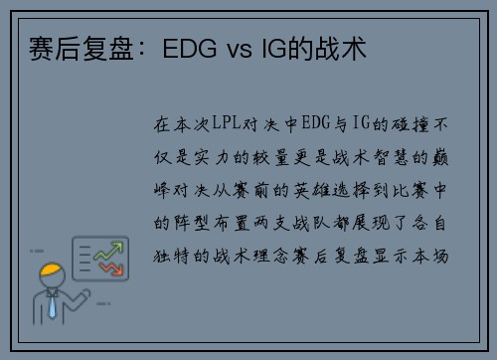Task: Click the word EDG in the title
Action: click(190, 49)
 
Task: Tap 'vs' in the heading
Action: click(240, 50)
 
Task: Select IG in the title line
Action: click(273, 49)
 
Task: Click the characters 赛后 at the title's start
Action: click(55, 49)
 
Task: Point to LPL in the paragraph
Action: click(227, 122)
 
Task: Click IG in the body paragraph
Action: click(361, 122)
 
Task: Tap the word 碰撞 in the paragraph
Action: click(410, 124)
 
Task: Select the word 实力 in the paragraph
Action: click(212, 157)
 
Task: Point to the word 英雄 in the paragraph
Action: click(312, 190)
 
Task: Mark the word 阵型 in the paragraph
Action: click(192, 223)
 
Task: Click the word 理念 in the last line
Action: click(271, 256)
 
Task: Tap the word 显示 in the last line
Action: click(391, 256)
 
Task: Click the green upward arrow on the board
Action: click(108, 251)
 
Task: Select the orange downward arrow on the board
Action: click(111, 268)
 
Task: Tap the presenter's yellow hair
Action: click(51, 270)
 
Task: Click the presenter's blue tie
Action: click(52, 307)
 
